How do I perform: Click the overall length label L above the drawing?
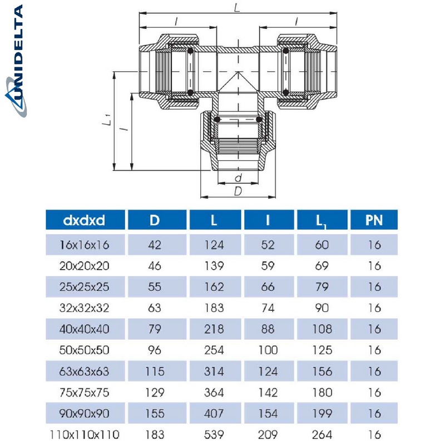coord(238,8)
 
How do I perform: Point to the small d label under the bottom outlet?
coord(238,179)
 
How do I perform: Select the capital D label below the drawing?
coord(238,191)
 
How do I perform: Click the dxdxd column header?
coord(84,220)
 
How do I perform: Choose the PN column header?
coord(374,220)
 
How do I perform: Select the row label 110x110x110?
coord(84,434)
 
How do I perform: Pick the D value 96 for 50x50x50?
coord(155,350)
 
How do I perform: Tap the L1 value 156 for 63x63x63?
coord(322,372)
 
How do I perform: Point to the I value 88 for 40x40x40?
coord(268,329)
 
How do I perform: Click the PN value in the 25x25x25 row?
coord(374,287)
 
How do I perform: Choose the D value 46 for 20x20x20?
coord(155,266)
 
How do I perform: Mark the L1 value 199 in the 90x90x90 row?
coord(322,414)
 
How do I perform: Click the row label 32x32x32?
coord(84,308)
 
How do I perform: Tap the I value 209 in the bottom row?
coord(268,434)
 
